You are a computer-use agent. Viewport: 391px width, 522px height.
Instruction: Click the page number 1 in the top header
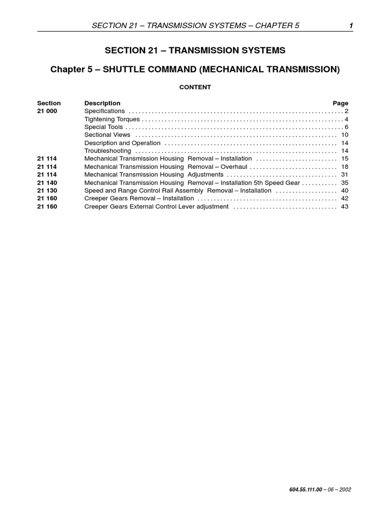pos(351,26)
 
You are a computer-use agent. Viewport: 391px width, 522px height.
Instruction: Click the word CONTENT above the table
pos(195,87)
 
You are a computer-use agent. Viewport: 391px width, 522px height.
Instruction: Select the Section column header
pos(49,103)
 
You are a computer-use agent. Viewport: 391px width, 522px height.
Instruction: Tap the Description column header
pos(102,103)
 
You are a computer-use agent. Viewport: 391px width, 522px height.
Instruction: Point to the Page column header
pos(341,103)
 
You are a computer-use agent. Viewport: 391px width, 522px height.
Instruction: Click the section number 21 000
pos(47,111)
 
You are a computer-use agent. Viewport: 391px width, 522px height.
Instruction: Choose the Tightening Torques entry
pos(111,119)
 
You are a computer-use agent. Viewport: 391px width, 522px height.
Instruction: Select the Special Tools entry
pos(103,127)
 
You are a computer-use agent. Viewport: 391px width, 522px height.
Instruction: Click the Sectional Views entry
pos(107,135)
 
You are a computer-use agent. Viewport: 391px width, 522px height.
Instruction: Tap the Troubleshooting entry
pos(107,151)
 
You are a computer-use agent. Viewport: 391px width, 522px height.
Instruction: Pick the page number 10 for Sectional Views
pos(345,135)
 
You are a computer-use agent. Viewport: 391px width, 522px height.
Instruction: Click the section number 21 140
pos(47,182)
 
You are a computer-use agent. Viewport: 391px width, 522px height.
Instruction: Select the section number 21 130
pos(47,191)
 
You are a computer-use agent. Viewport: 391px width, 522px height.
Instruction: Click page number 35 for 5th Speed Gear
pos(345,182)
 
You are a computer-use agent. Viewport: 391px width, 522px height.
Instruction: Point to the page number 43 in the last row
pos(345,206)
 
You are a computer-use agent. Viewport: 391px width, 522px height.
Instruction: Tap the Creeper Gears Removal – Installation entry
pos(139,198)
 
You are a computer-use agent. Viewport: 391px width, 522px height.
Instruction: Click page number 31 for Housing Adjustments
pos(345,175)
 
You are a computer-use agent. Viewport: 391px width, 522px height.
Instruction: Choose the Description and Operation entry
pos(122,143)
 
